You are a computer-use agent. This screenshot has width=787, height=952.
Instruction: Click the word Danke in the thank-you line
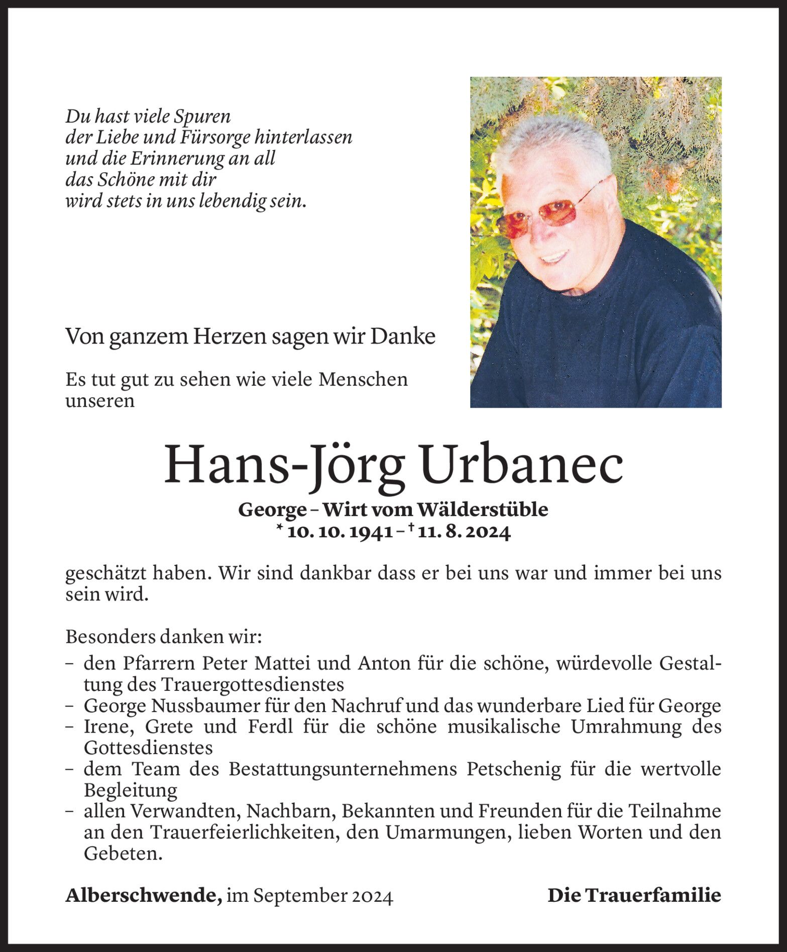coord(402,337)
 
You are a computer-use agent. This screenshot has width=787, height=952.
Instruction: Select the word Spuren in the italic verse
coord(202,116)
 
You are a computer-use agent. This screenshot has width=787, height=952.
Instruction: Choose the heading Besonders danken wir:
coord(164,637)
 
